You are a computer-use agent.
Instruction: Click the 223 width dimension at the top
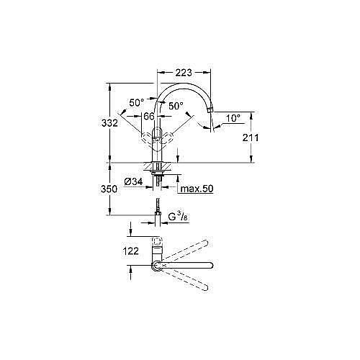183,72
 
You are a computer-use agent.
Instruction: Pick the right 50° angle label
176,106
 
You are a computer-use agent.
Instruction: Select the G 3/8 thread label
176,215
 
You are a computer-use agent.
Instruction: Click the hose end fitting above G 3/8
157,212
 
